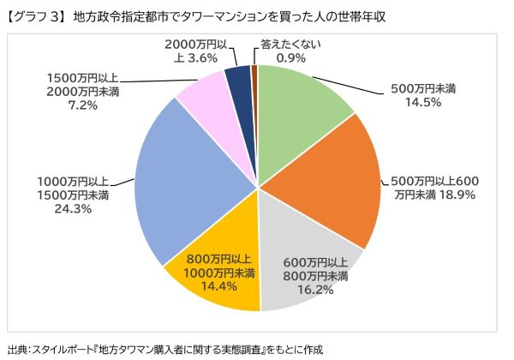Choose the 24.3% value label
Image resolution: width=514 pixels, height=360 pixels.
point(72,208)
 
